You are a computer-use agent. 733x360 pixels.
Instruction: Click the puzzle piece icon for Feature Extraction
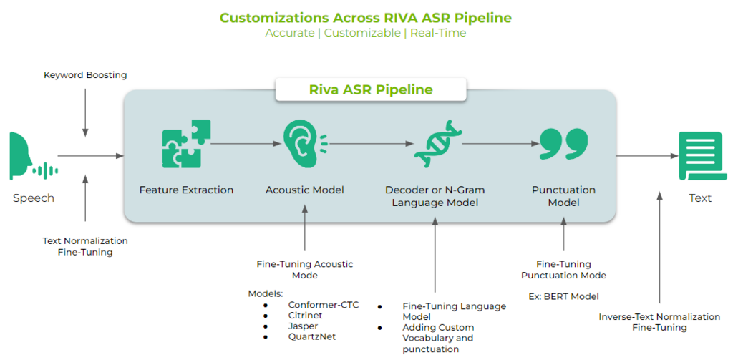pyautogui.click(x=185, y=142)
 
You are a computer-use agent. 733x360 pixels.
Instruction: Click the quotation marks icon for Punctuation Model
pyautogui.click(x=563, y=143)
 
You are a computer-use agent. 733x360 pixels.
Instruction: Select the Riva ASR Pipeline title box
pyautogui.click(x=370, y=90)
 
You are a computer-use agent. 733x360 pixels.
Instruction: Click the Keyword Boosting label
pyautogui.click(x=85, y=74)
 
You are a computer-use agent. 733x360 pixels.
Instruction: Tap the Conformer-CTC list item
pyautogui.click(x=324, y=305)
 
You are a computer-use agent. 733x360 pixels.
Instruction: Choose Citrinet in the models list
pyautogui.click(x=306, y=316)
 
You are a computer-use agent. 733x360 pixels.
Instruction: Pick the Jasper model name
pyautogui.click(x=303, y=326)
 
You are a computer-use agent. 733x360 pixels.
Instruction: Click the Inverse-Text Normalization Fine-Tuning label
pyautogui.click(x=659, y=322)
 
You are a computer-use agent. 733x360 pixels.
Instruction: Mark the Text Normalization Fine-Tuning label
pyautogui.click(x=85, y=246)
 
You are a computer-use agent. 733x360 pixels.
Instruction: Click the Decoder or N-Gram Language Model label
pyautogui.click(x=435, y=196)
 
